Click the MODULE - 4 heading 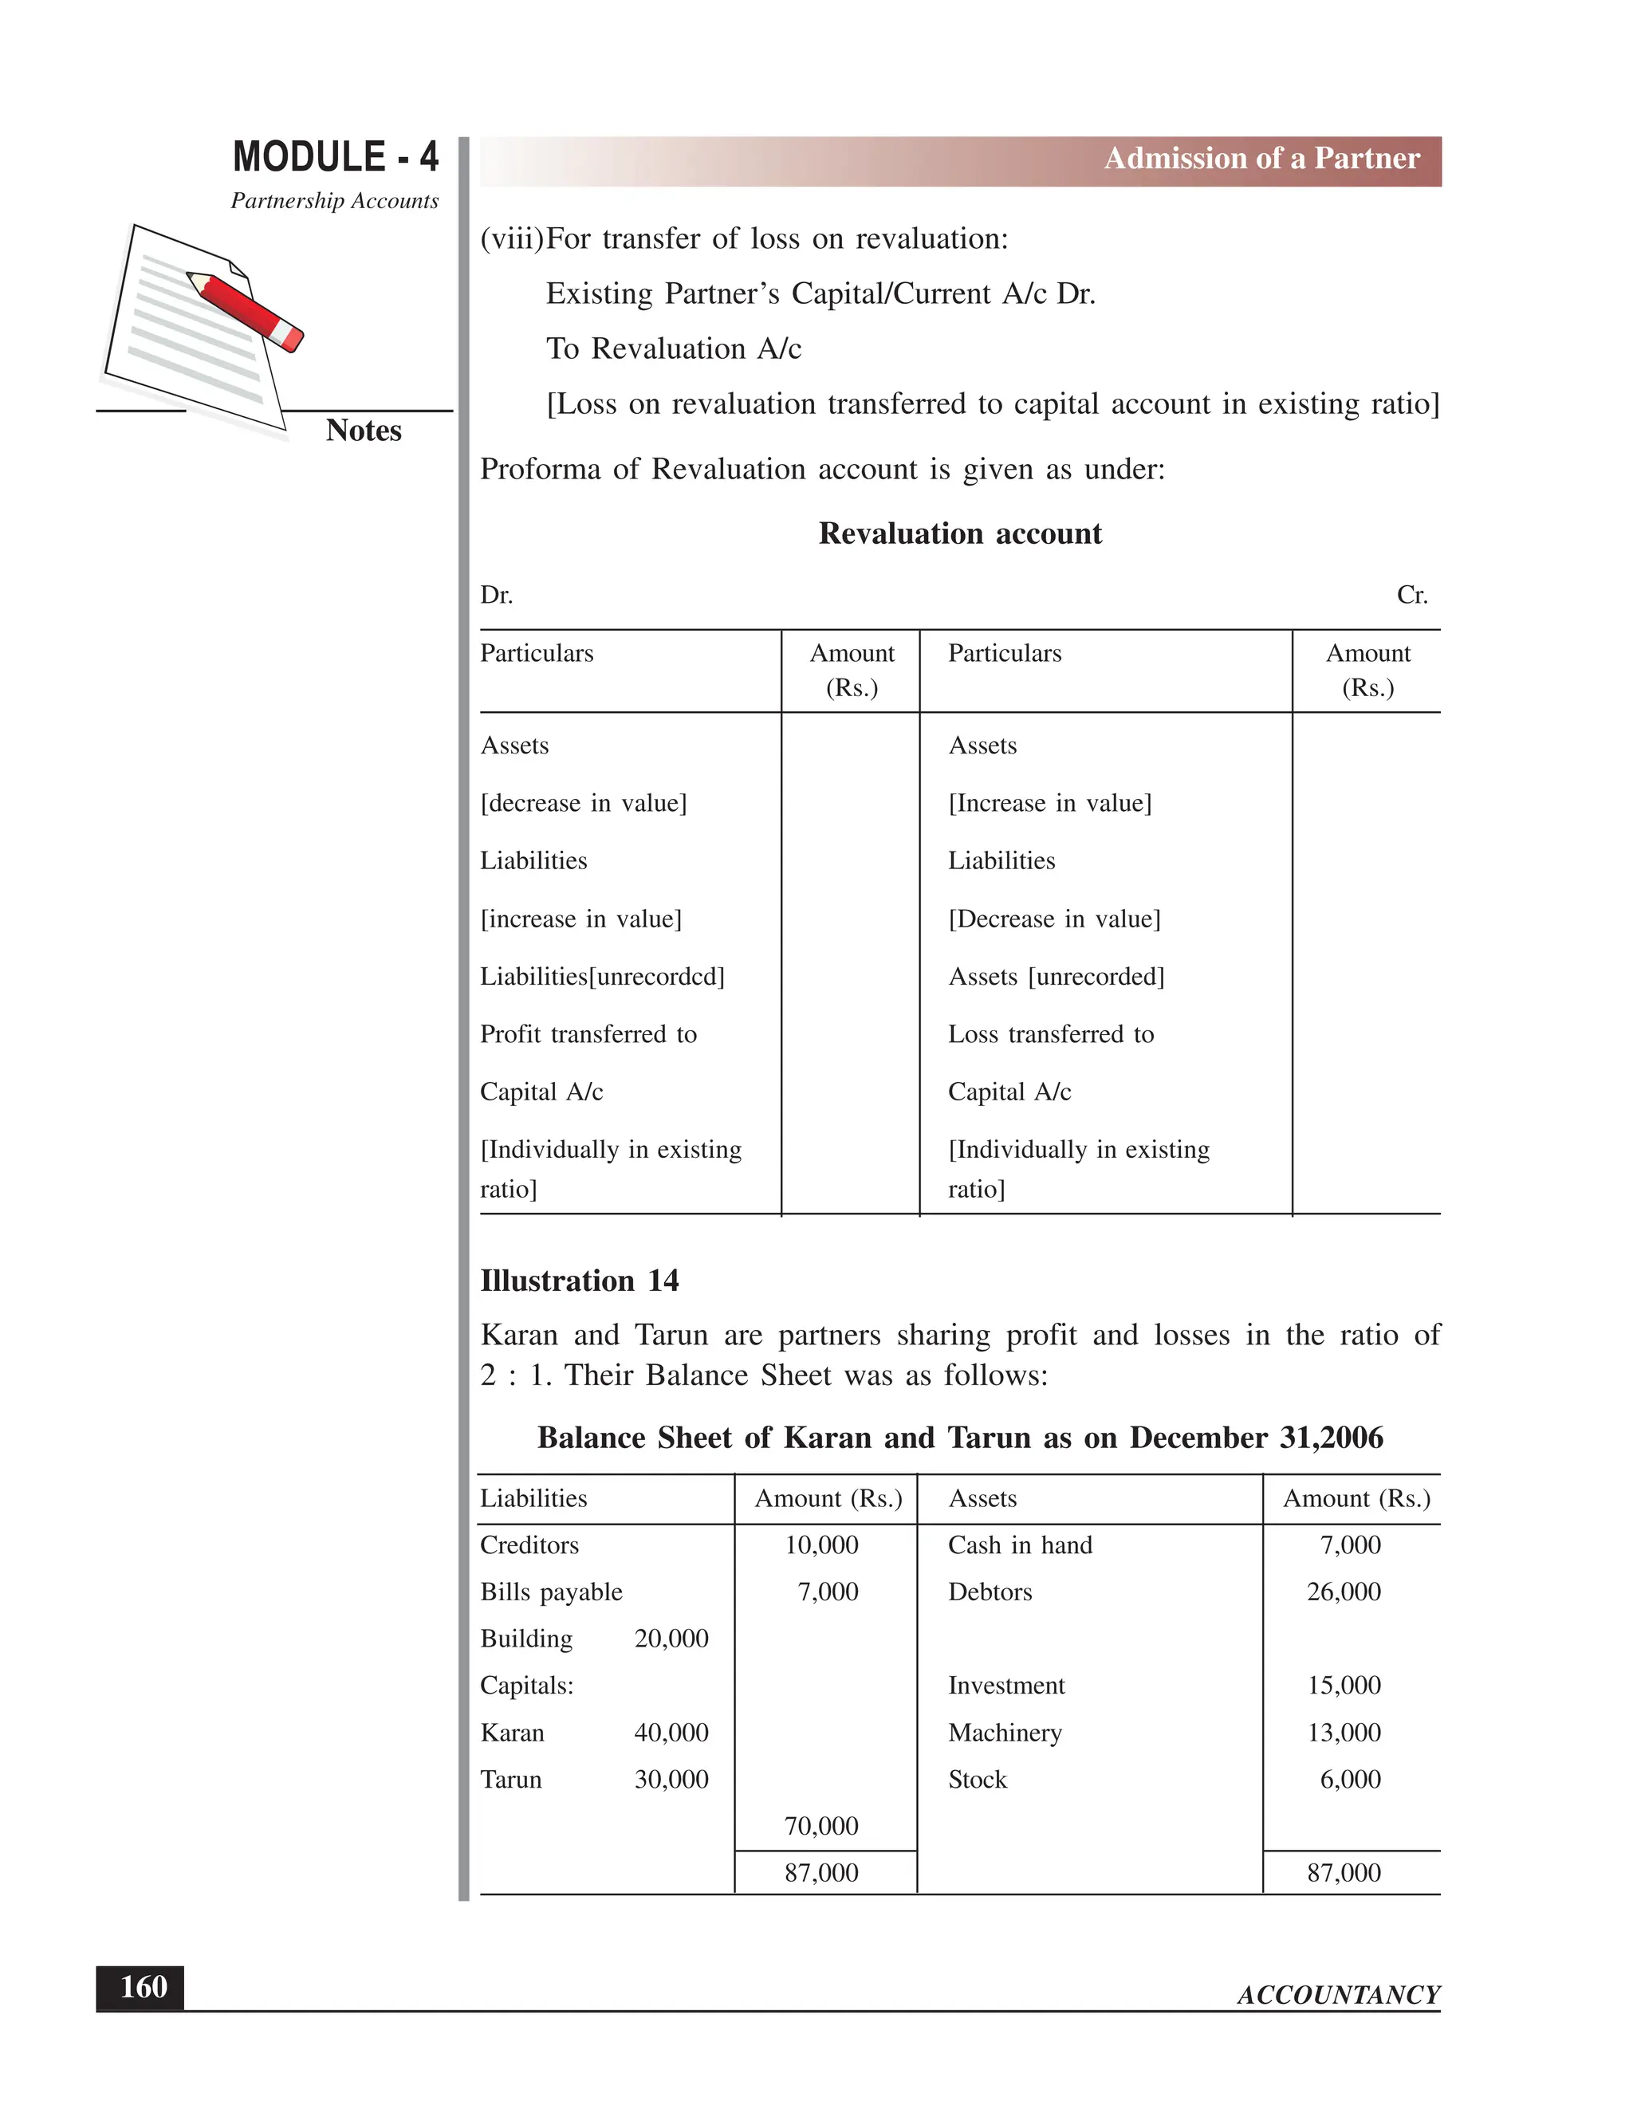pyautogui.click(x=335, y=157)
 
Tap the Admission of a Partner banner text pyautogui.click(x=1261, y=159)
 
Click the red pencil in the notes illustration pyautogui.click(x=246, y=309)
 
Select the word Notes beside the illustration pyautogui.click(x=363, y=431)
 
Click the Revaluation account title pyautogui.click(x=960, y=534)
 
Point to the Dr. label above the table pyautogui.click(x=496, y=595)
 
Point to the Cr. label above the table pyautogui.click(x=1411, y=595)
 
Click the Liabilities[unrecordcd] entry pyautogui.click(x=602, y=976)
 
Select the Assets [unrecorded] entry pyautogui.click(x=1056, y=976)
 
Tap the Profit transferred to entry pyautogui.click(x=588, y=1034)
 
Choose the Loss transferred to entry pyautogui.click(x=1051, y=1034)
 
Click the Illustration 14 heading pyautogui.click(x=580, y=1281)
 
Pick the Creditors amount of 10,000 pyautogui.click(x=821, y=1545)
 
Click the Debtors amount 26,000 pyautogui.click(x=1343, y=1592)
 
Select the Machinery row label pyautogui.click(x=1004, y=1733)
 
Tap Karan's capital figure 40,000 pyautogui.click(x=671, y=1733)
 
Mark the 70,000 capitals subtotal pyautogui.click(x=821, y=1827)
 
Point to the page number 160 pyautogui.click(x=142, y=1986)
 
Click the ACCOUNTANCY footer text pyautogui.click(x=1338, y=1995)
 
